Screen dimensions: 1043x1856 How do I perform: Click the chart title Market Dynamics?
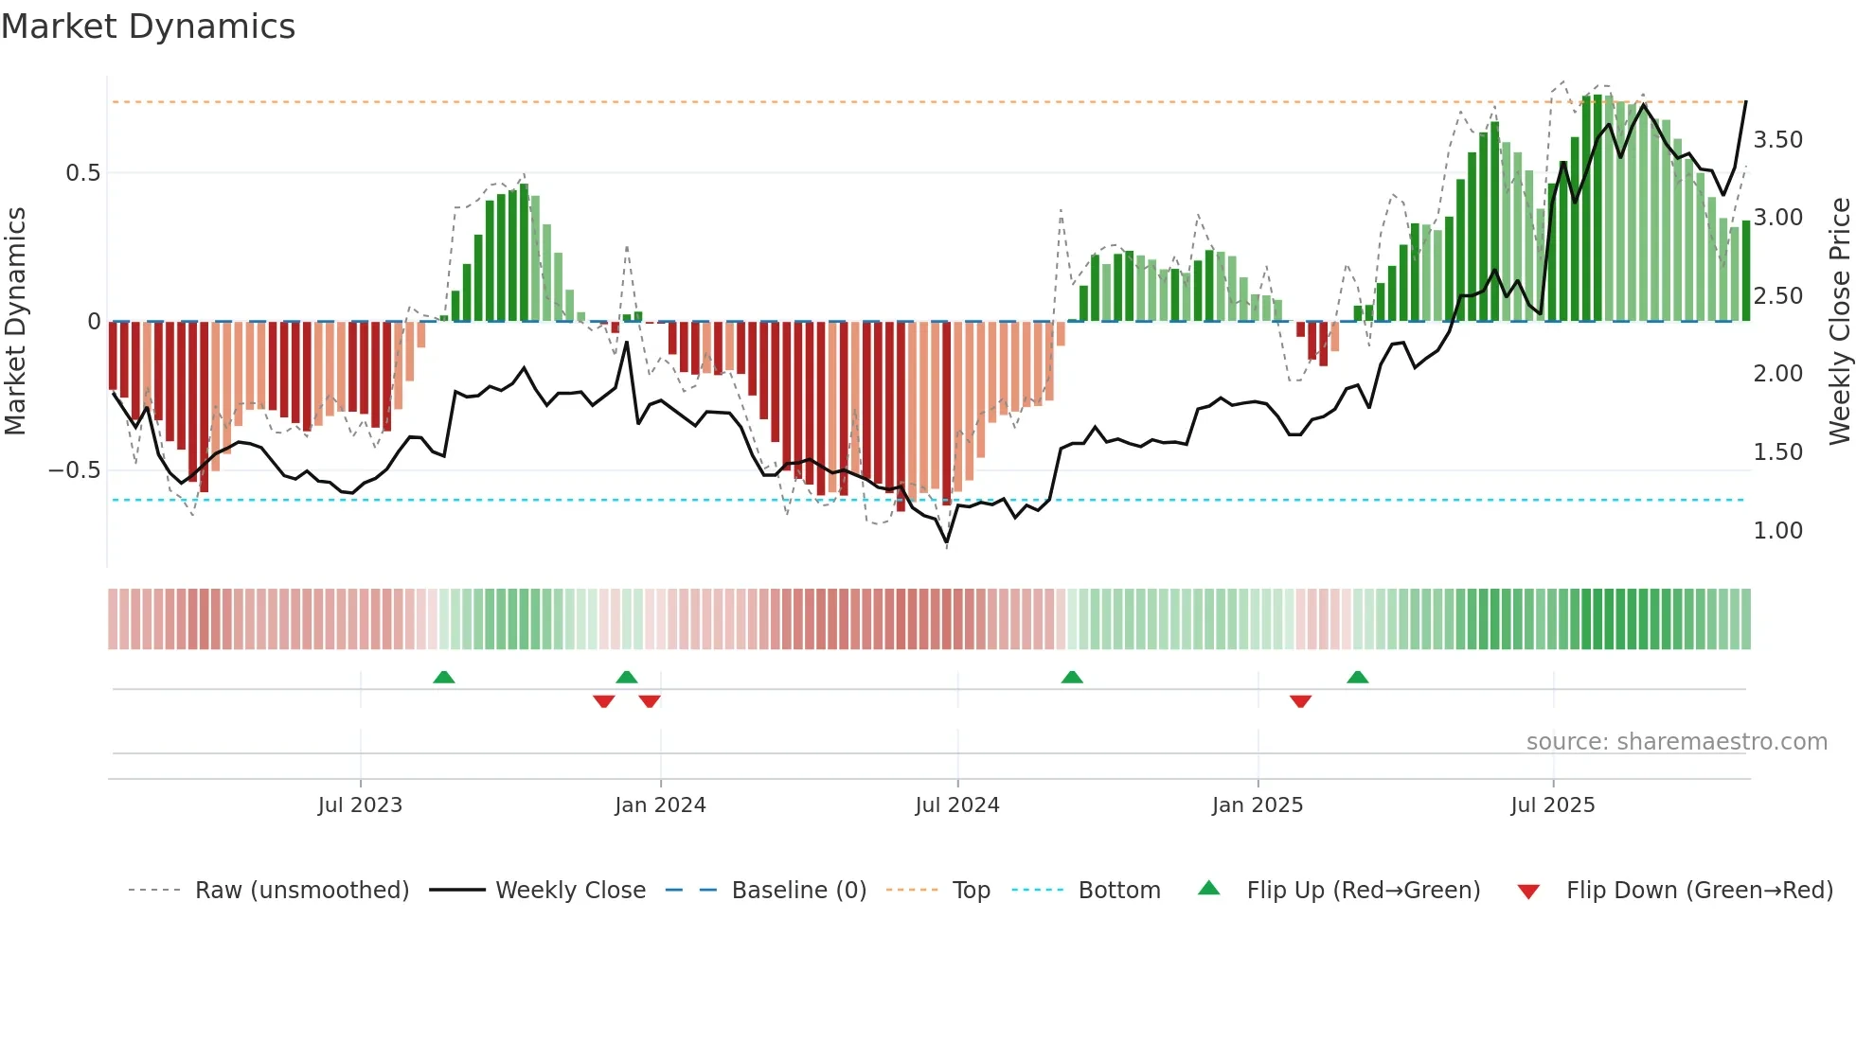(x=148, y=27)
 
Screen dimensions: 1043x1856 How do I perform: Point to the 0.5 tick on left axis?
(x=82, y=173)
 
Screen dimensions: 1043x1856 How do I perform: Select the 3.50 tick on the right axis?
(x=1777, y=140)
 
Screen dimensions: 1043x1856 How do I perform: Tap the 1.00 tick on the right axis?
(x=1777, y=531)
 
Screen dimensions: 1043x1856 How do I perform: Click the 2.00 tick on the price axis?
(x=1777, y=374)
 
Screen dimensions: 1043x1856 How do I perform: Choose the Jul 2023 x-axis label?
(x=360, y=805)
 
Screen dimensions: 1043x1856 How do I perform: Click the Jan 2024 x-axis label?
(x=660, y=805)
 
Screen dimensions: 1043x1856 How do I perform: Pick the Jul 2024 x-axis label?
(x=956, y=805)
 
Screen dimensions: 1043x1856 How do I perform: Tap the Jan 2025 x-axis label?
(x=1257, y=805)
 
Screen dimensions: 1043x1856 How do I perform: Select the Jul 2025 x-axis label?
(x=1552, y=805)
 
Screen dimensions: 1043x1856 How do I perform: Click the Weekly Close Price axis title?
(x=1839, y=321)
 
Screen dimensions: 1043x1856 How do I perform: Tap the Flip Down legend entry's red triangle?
(x=1528, y=892)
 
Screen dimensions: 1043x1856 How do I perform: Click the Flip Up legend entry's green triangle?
(x=1209, y=889)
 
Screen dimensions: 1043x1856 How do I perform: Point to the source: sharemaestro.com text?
(x=1676, y=742)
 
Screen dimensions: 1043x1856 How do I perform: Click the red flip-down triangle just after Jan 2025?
(x=1300, y=701)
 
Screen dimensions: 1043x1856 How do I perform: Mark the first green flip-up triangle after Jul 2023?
(x=443, y=677)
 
